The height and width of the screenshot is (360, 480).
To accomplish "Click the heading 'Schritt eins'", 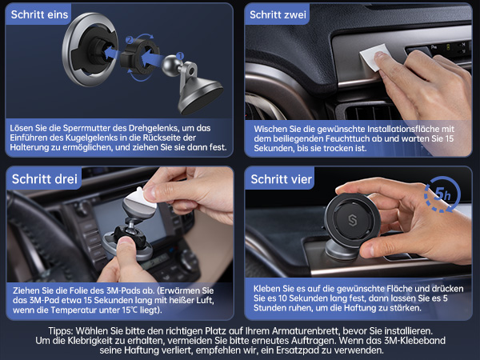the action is (39, 14).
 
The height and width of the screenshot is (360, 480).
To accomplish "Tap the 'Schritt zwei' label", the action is (278, 14).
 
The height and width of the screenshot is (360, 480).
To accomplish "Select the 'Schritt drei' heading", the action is (45, 178).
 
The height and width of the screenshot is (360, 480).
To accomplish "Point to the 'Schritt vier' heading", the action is (282, 178).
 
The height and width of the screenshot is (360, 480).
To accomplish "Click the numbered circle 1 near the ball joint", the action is (180, 56).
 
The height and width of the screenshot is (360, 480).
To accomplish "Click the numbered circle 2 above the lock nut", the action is (130, 40).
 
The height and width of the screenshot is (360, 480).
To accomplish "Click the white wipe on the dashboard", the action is (374, 57).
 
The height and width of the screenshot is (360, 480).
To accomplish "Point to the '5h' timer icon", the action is (442, 194).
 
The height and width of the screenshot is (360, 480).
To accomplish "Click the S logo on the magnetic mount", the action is (352, 221).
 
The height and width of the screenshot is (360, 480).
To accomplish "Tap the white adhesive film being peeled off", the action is (139, 201).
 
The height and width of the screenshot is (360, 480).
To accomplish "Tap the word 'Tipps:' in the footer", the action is (61, 331).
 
